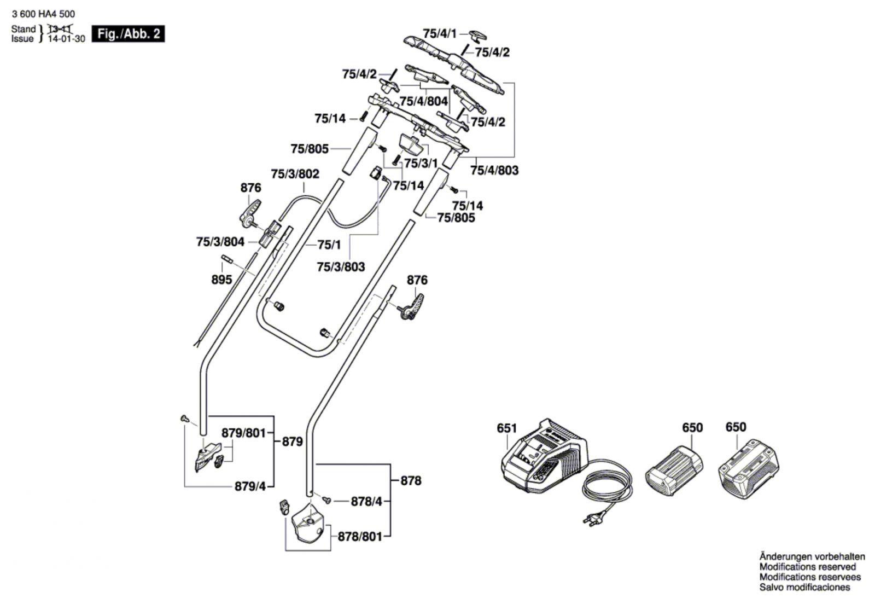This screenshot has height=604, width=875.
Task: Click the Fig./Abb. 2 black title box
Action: click(128, 34)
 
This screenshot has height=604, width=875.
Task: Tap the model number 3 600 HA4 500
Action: click(43, 14)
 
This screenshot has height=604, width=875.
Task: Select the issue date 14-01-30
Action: click(66, 39)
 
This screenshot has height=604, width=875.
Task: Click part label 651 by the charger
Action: click(506, 428)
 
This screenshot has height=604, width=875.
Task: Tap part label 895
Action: click(221, 280)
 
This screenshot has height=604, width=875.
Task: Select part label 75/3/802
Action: click(295, 174)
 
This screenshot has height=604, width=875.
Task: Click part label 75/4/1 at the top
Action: click(440, 33)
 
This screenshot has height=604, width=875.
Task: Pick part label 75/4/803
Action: click(494, 170)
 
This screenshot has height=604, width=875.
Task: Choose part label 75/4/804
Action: click(423, 102)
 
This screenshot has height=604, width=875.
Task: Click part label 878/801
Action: click(360, 537)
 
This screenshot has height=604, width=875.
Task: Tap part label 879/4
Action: click(250, 486)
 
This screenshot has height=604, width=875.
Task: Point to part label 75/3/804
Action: click(220, 242)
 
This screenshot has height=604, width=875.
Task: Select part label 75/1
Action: click(329, 245)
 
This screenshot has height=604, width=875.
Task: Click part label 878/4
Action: click(366, 501)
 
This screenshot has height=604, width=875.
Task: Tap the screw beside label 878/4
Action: click(326, 500)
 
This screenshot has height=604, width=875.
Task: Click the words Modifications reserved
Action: click(807, 567)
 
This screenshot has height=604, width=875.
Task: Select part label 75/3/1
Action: click(421, 163)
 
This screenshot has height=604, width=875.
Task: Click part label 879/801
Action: click(243, 433)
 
